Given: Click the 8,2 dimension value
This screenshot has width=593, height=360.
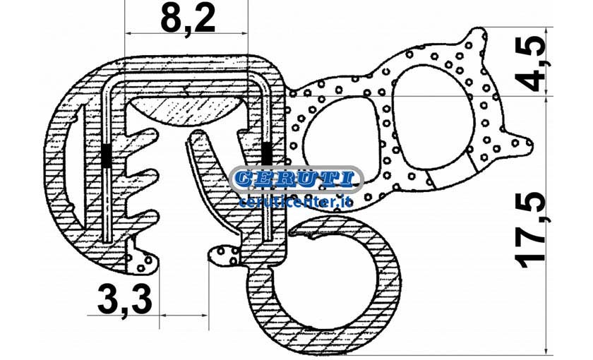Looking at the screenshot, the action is coord(188,19).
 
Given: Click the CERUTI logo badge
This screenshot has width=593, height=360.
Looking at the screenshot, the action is coord(296,179).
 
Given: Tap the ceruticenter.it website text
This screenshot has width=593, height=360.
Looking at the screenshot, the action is coord(296,202).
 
